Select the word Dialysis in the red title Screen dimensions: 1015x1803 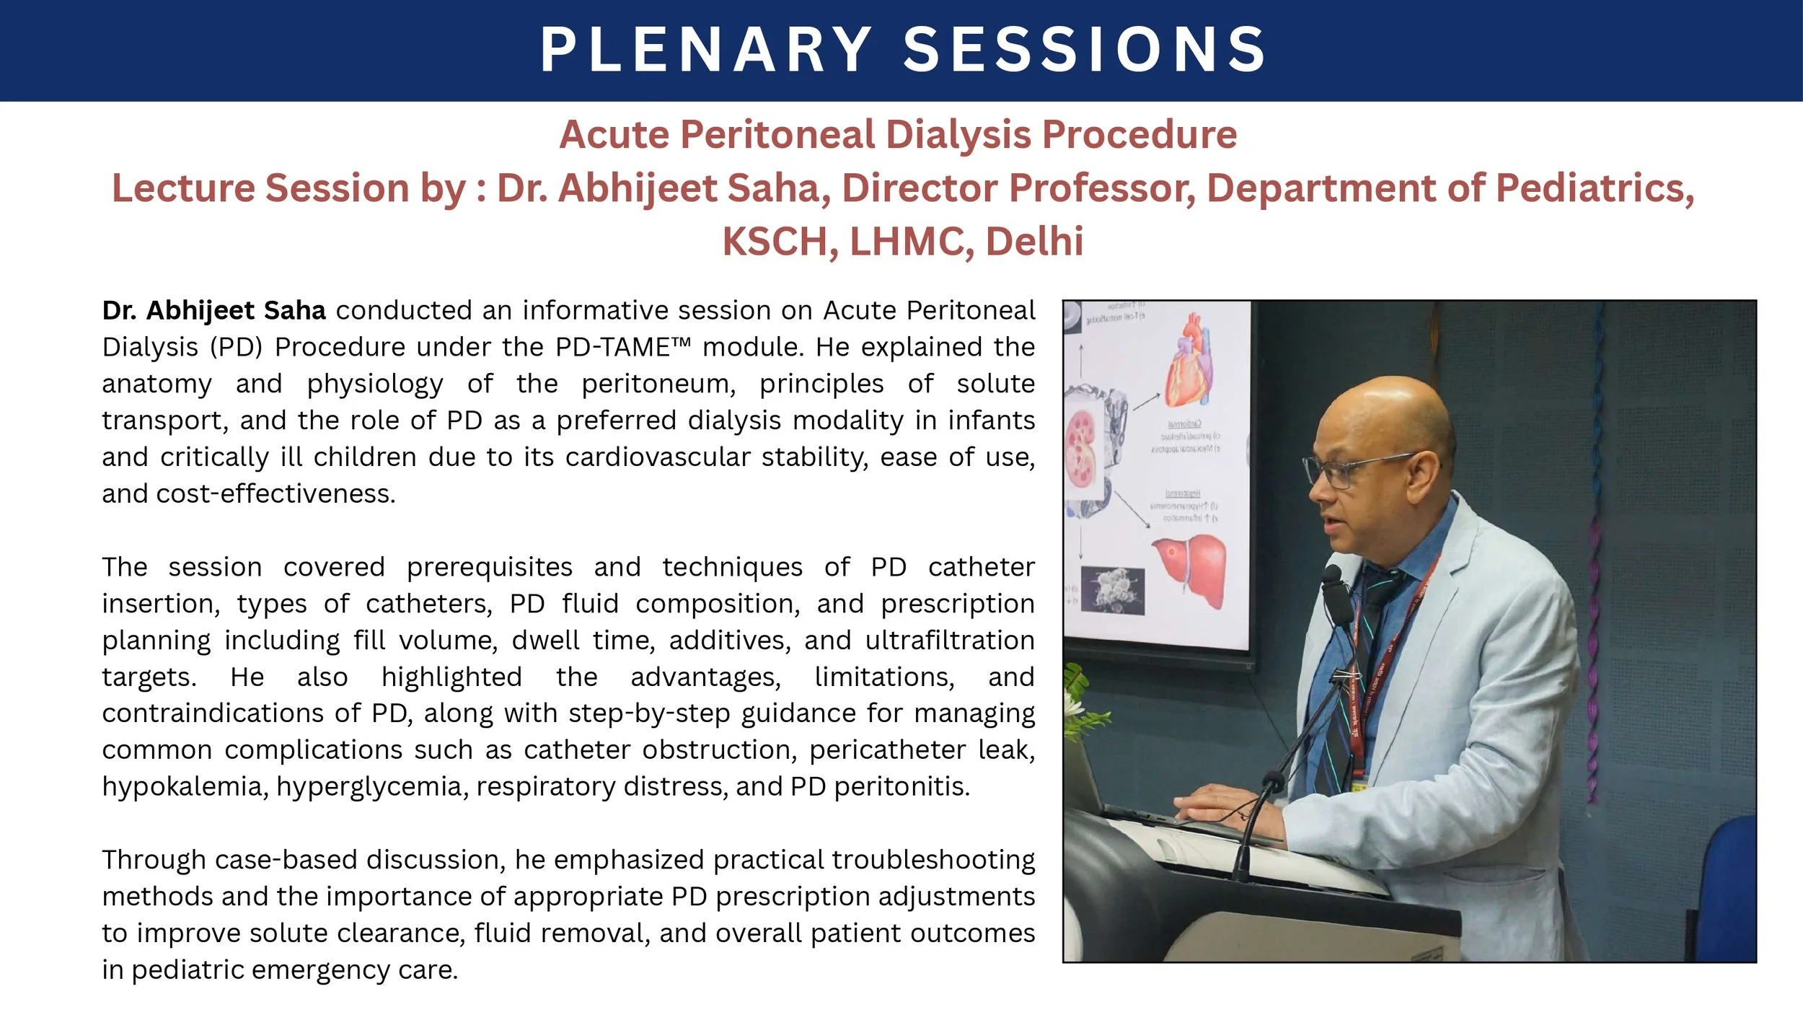point(958,135)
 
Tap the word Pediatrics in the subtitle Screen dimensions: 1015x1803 point(1593,188)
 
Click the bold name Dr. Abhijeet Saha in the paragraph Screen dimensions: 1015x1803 point(213,311)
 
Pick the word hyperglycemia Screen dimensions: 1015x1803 point(371,786)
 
